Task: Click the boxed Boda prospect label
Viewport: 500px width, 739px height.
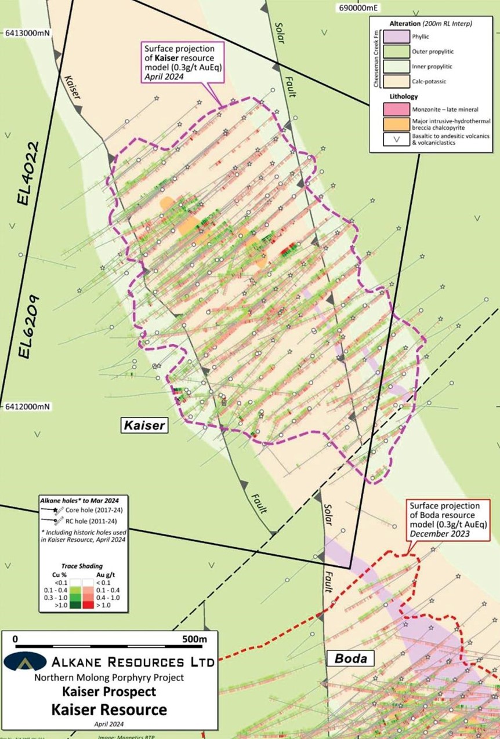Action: (x=350, y=658)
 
